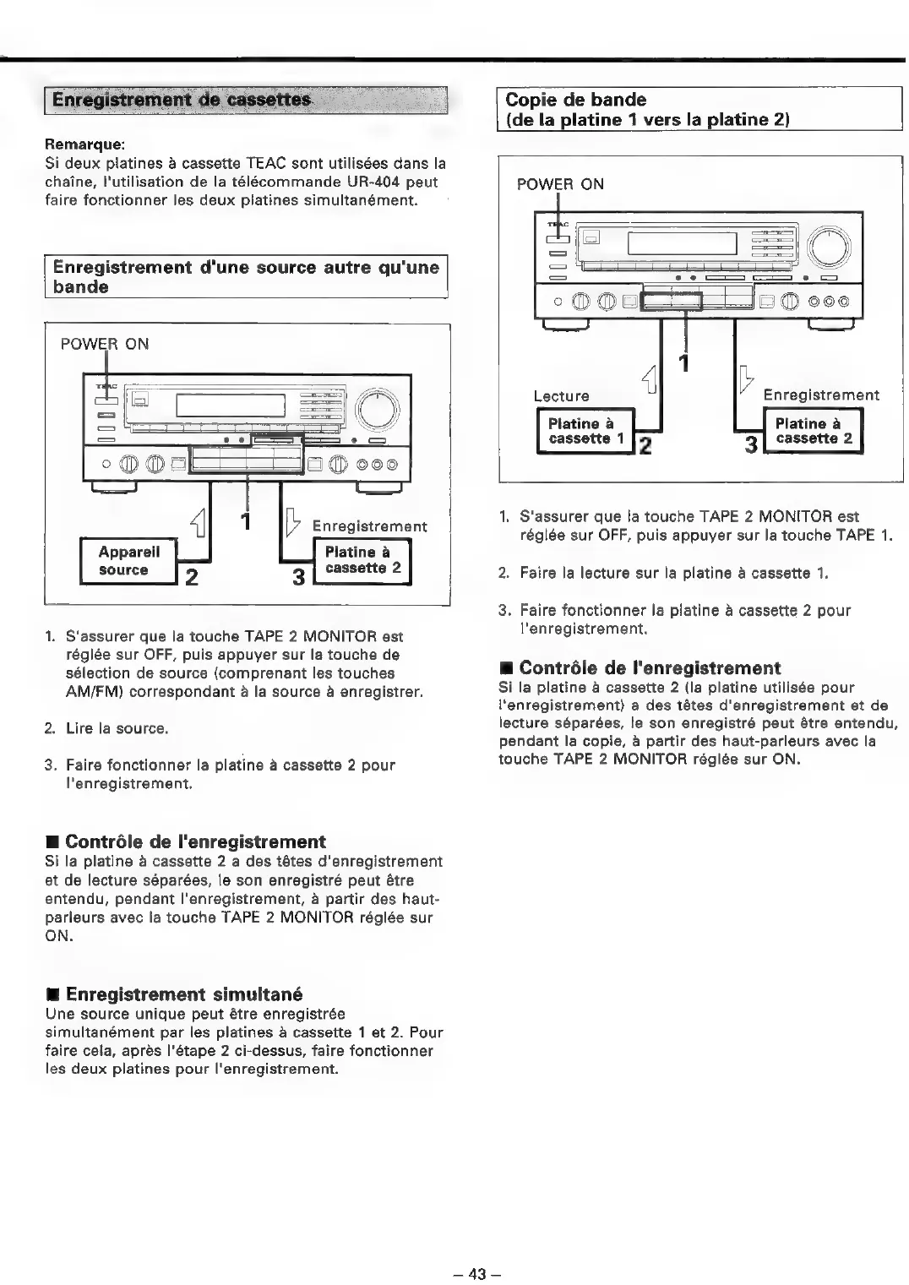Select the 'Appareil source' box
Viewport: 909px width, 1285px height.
click(x=123, y=561)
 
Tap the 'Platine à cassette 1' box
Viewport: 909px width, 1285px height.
click(x=585, y=431)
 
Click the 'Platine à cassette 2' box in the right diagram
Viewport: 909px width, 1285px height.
click(x=814, y=431)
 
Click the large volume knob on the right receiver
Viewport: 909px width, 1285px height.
click(x=830, y=248)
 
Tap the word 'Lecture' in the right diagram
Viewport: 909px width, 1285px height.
click(x=561, y=395)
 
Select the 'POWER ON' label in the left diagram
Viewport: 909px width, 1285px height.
click(x=105, y=344)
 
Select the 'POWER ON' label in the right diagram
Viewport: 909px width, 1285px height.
click(x=560, y=184)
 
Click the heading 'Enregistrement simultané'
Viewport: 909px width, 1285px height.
click(x=183, y=994)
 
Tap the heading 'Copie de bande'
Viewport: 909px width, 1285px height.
click(x=575, y=100)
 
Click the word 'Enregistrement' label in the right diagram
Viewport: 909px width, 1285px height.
click(x=820, y=395)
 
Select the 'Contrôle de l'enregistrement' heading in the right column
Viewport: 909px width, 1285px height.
click(x=650, y=667)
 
